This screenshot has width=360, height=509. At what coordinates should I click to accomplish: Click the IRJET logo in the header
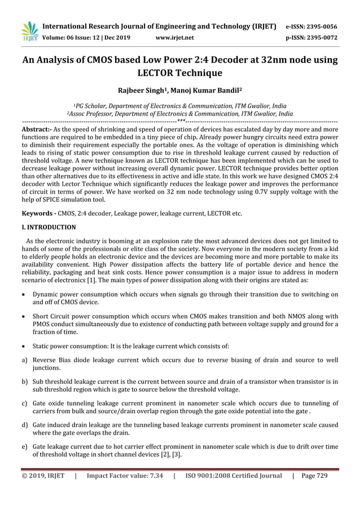pyautogui.click(x=29, y=32)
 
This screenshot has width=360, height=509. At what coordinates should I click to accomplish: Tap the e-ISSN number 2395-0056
pyautogui.click(x=324, y=26)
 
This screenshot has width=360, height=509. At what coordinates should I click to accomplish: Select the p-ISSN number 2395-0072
pyautogui.click(x=324, y=37)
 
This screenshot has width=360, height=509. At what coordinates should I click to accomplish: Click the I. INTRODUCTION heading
pyautogui.click(x=49, y=227)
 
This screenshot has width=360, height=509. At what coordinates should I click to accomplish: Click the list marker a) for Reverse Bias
pyautogui.click(x=25, y=360)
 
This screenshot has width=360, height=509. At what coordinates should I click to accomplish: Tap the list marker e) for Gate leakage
pyautogui.click(x=25, y=446)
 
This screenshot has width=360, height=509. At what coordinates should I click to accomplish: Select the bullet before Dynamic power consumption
pyautogui.click(x=24, y=294)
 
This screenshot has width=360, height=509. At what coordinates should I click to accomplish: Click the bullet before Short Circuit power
pyautogui.click(x=24, y=316)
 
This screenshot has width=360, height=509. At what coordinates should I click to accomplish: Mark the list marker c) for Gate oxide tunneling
pyautogui.click(x=25, y=403)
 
